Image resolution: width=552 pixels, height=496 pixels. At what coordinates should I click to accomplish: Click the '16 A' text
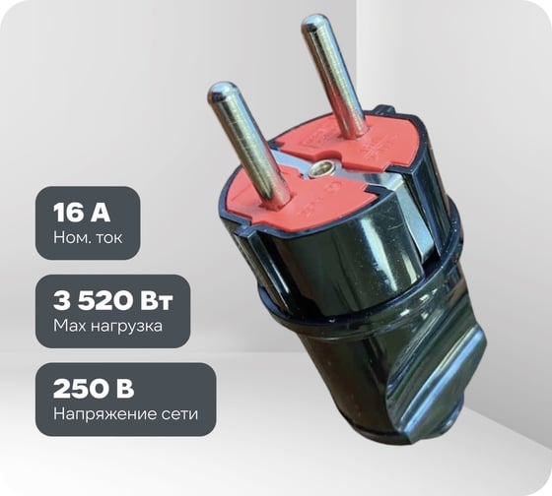coord(81,213)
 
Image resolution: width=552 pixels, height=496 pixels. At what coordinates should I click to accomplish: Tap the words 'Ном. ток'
coord(88,237)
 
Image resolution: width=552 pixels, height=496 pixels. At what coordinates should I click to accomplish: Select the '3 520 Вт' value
coord(113,301)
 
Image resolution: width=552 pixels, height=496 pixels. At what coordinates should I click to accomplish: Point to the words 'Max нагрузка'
coord(107,326)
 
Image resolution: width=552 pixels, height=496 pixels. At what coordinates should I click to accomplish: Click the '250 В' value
coord(94,389)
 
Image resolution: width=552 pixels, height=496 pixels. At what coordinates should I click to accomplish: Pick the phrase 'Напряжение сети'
coord(126,414)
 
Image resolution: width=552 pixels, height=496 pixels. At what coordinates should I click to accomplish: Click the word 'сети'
coord(179,414)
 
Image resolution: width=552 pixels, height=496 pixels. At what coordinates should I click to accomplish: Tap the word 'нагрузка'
coord(126,327)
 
